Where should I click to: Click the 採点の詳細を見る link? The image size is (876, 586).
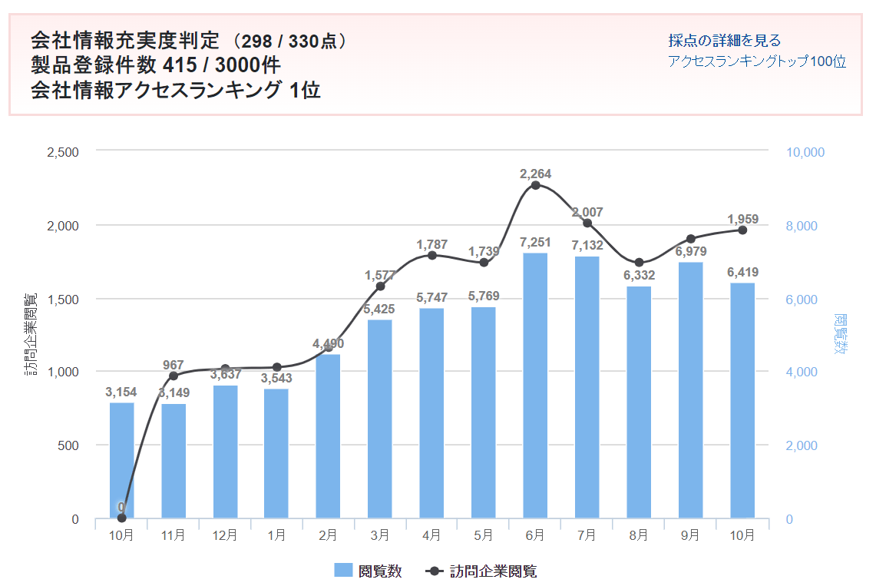coord(724,41)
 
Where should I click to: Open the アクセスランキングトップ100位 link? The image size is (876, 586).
coord(756,62)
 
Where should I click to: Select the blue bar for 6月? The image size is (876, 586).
coord(535,385)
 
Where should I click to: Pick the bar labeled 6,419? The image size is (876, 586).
coord(742,400)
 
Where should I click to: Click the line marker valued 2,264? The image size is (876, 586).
coord(536,185)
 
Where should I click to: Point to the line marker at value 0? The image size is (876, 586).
coord(121,518)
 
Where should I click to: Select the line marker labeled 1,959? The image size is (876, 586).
coord(742,230)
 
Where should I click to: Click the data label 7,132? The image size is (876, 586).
coord(587,246)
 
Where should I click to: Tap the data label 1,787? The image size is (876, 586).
coord(431,245)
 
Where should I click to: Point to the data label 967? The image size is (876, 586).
coord(173,366)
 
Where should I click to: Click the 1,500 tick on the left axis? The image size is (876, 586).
coord(63,299)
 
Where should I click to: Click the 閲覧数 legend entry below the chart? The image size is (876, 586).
coord(369,571)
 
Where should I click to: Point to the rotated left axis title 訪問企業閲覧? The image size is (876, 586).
coord(31,335)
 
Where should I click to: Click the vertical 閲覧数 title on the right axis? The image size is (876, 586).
coord(841,335)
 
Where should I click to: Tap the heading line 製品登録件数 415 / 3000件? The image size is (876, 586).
coord(155,65)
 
